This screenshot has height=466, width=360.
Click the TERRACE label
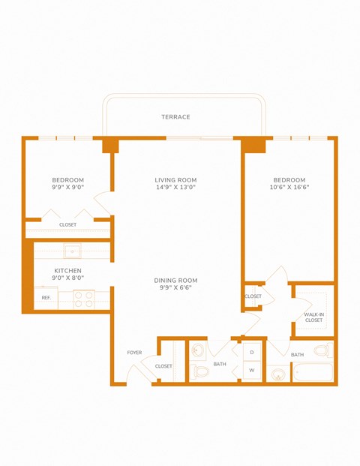pos(175,117)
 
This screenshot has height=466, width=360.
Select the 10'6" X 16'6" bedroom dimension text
pos(289,188)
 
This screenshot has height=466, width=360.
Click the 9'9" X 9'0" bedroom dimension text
pos(68,188)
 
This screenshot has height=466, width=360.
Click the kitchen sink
pos(73,251)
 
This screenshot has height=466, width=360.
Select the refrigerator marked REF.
pos(46,298)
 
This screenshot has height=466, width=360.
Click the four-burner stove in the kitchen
pos(82,299)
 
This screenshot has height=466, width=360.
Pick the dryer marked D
pos(252,352)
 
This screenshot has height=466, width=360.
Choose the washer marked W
pos(252,371)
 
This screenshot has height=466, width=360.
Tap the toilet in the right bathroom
pos(322,350)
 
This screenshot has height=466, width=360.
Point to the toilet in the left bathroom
pos(200,371)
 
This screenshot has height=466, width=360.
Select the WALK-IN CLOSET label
pos(313,317)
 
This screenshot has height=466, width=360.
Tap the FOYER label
pos(134,352)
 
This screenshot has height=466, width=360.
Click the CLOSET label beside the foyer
pos(163,366)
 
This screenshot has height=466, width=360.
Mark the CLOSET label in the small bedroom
pos(68,224)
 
